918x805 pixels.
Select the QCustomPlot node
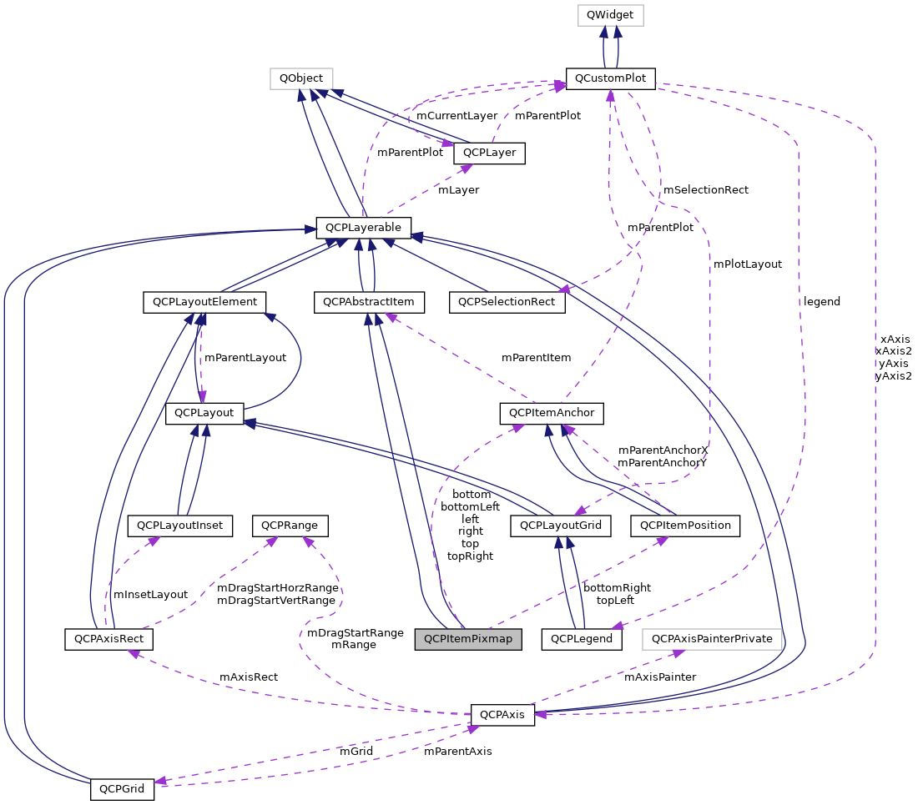(x=611, y=78)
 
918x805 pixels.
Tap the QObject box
(x=301, y=78)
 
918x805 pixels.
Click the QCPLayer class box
(x=489, y=153)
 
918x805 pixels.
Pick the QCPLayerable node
(x=363, y=227)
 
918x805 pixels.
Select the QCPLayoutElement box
(x=204, y=301)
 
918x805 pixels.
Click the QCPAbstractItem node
(x=369, y=301)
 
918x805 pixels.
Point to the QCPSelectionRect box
(x=507, y=301)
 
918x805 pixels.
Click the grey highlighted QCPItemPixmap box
(x=468, y=639)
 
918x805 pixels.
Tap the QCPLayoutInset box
(x=179, y=526)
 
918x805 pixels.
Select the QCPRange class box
(x=295, y=526)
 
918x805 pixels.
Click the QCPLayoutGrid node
(x=561, y=526)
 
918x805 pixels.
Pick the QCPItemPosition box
(x=685, y=526)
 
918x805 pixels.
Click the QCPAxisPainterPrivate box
(x=713, y=639)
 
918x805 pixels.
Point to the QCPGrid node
(x=122, y=788)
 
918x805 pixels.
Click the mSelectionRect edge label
(x=705, y=189)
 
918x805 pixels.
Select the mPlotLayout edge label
(x=747, y=264)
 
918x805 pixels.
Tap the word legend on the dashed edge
(x=821, y=301)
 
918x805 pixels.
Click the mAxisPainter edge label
(x=660, y=677)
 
